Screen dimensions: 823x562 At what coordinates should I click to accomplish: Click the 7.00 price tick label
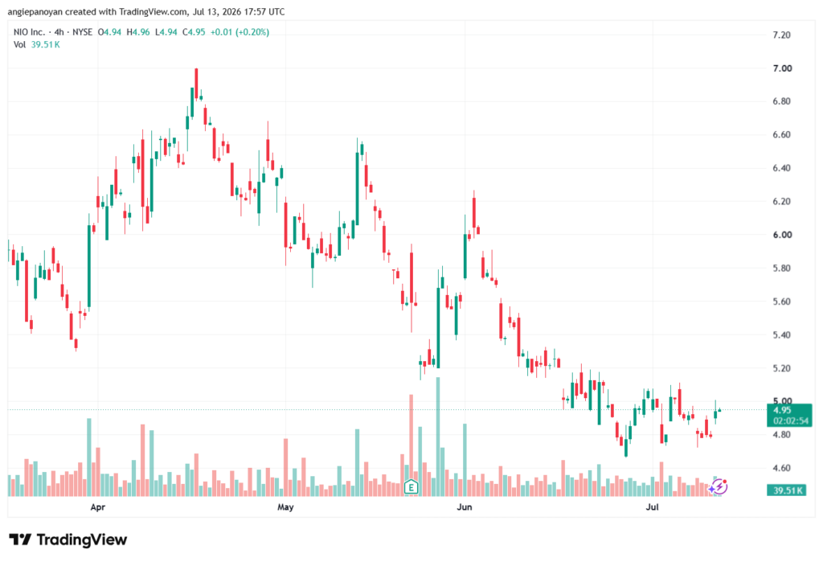782,68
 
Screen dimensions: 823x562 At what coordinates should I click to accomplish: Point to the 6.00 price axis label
782,235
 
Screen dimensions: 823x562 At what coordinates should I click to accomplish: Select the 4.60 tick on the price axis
781,468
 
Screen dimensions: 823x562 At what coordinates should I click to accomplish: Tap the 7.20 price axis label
781,35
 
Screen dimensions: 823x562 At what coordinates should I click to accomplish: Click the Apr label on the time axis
97,507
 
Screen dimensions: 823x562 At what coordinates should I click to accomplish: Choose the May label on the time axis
285,507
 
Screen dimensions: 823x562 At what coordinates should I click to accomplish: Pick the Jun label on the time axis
465,507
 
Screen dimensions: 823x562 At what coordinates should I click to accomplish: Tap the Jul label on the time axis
652,507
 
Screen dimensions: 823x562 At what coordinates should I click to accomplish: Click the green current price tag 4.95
789,415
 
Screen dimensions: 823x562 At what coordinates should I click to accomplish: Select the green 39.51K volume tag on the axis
786,490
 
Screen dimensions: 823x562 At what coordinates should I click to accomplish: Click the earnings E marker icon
411,487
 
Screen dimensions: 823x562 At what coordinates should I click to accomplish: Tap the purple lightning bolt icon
719,487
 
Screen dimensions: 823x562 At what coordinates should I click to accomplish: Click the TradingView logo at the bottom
68,539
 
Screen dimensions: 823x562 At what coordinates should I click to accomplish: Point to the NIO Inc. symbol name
30,32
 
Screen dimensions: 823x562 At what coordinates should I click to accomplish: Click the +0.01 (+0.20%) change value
240,32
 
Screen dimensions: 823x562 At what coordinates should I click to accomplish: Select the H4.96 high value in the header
138,32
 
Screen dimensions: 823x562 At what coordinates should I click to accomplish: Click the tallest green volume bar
438,437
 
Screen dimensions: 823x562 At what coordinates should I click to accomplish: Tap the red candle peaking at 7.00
196,84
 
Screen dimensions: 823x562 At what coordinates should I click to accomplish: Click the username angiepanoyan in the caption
35,11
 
